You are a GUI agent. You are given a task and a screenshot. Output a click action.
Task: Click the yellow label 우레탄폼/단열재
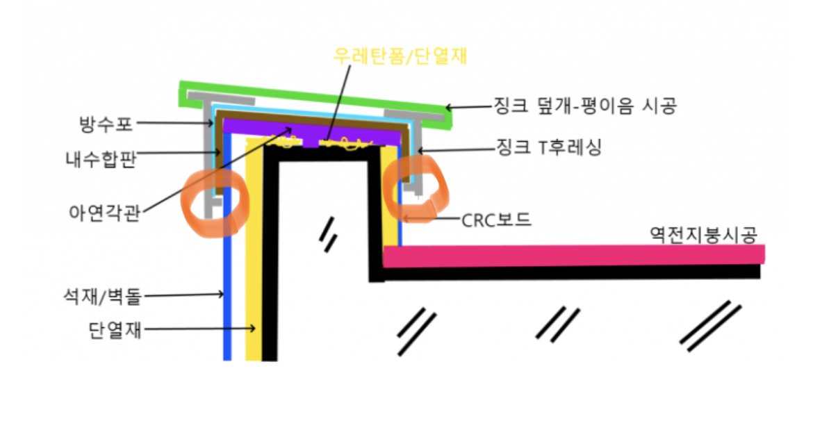(399, 56)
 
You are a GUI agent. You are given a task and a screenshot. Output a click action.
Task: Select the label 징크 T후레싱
(549, 147)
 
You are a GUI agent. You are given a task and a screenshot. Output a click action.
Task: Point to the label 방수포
(106, 125)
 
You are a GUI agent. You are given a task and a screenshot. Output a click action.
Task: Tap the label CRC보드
(497, 220)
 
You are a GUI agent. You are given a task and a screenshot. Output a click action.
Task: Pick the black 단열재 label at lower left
(116, 329)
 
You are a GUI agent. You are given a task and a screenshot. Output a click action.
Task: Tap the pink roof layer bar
(573, 255)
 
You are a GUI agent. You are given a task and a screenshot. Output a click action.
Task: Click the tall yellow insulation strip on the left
(254, 264)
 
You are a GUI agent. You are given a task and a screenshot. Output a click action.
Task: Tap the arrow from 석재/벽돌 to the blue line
(184, 295)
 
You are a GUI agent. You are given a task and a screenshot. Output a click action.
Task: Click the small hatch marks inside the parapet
(327, 233)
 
